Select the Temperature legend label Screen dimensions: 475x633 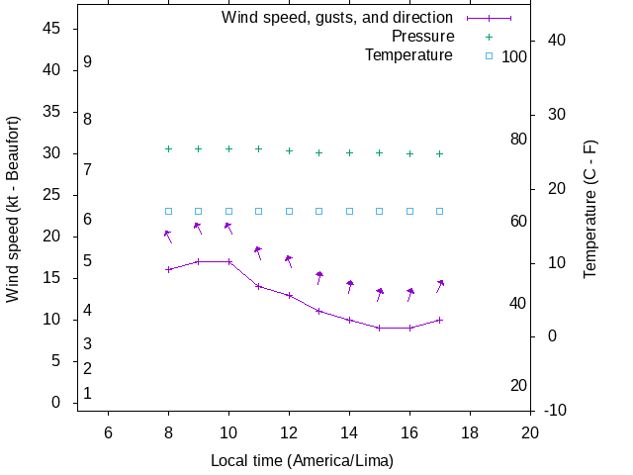[408, 54]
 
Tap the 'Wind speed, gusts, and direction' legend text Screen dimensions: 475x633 [337, 18]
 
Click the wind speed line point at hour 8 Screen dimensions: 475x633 [168, 269]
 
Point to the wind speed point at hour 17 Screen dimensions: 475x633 [440, 320]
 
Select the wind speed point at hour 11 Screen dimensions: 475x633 [259, 286]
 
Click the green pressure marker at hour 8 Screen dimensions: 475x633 [168, 148]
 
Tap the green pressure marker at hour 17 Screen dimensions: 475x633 [440, 153]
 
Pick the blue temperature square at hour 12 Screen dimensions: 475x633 [289, 211]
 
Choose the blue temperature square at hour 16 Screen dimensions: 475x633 [410, 211]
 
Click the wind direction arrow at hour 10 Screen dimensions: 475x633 [228, 228]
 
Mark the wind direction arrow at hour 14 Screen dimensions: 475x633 [350, 286]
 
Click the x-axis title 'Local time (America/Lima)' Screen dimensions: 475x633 [302, 461]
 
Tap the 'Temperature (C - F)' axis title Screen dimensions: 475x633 [590, 209]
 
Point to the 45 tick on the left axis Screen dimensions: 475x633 [53, 29]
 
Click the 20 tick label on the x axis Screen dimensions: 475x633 [530, 431]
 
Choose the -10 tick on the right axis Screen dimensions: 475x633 [555, 410]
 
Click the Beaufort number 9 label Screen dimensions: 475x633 [88, 61]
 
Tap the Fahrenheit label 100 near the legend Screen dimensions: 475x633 [514, 56]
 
